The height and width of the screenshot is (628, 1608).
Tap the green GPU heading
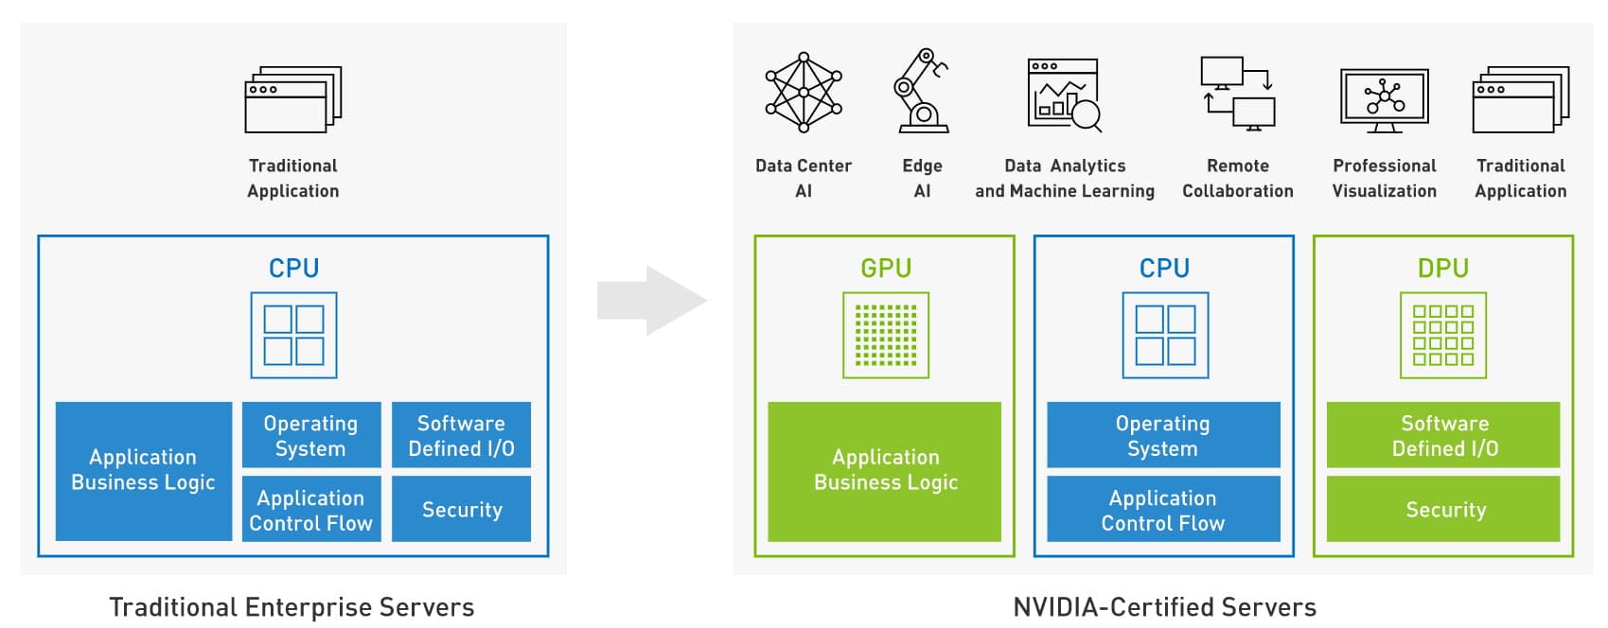click(x=886, y=269)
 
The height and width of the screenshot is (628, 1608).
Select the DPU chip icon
click(x=1443, y=335)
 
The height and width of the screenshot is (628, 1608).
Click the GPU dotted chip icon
click(x=886, y=335)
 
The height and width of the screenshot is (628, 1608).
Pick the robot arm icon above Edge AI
click(x=921, y=91)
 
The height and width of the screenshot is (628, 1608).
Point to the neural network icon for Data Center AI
click(x=804, y=92)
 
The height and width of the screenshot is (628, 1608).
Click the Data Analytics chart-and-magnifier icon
click(x=1065, y=95)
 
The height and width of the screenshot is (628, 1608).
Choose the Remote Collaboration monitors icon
click(x=1238, y=93)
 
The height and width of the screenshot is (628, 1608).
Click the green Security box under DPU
click(x=1443, y=509)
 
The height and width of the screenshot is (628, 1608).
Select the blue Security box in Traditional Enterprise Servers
click(x=462, y=509)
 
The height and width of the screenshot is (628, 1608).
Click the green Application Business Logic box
click(x=885, y=471)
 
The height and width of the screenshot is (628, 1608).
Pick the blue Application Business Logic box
click(x=144, y=471)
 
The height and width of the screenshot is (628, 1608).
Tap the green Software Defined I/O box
click(x=1443, y=435)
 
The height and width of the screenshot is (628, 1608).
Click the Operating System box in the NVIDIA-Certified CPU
click(x=1163, y=435)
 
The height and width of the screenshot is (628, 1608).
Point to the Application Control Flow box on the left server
click(x=311, y=509)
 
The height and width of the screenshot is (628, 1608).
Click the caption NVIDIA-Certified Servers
click(x=1164, y=606)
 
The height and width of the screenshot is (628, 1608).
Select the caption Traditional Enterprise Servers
click(x=292, y=606)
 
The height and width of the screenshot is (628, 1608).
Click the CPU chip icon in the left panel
click(x=293, y=335)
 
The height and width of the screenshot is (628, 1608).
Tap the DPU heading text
click(x=1443, y=269)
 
